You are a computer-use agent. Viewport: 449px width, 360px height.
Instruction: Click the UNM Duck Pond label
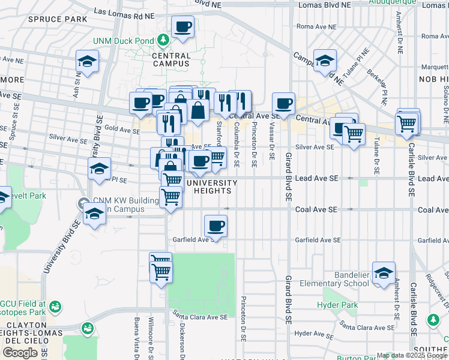click(123, 41)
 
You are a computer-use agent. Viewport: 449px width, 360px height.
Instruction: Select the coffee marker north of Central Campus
click(182, 27)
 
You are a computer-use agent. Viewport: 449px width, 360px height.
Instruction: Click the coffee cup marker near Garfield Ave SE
click(215, 226)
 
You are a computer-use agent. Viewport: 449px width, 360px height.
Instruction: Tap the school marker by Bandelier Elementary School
click(384, 273)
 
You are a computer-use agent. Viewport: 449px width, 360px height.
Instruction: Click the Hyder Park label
click(338, 305)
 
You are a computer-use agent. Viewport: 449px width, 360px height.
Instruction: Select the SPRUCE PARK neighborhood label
click(57, 19)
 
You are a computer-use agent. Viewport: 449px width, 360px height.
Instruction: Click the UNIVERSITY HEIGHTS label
click(209, 187)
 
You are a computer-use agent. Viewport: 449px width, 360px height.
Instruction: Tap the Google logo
click(20, 352)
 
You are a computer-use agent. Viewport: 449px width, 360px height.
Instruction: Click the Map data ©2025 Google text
click(412, 355)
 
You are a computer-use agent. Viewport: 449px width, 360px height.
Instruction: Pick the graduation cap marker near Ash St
click(87, 61)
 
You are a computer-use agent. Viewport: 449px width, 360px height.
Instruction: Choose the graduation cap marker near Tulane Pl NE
click(325, 61)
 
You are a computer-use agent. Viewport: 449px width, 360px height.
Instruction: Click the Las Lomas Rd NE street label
click(124, 11)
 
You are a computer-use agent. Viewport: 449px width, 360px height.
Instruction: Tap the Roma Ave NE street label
click(314, 26)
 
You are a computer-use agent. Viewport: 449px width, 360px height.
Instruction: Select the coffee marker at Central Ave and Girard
click(283, 103)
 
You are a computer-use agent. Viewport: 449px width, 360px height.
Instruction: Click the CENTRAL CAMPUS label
click(172, 59)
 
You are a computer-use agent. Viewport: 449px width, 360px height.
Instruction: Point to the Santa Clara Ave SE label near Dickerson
click(200, 317)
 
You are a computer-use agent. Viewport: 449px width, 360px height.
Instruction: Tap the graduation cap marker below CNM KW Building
click(94, 214)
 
